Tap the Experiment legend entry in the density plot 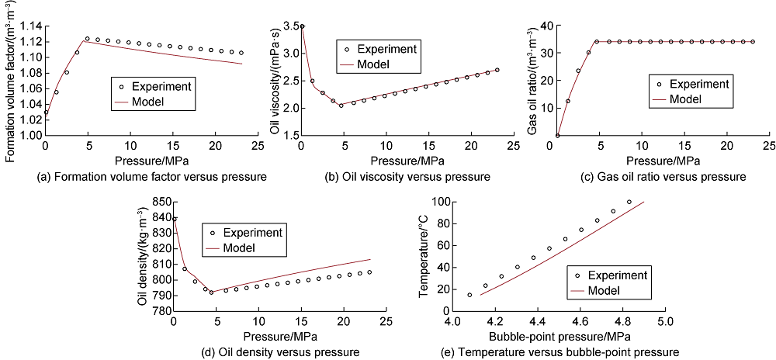(248, 233)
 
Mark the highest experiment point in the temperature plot (629, 202)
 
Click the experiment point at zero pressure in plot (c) (557, 136)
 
